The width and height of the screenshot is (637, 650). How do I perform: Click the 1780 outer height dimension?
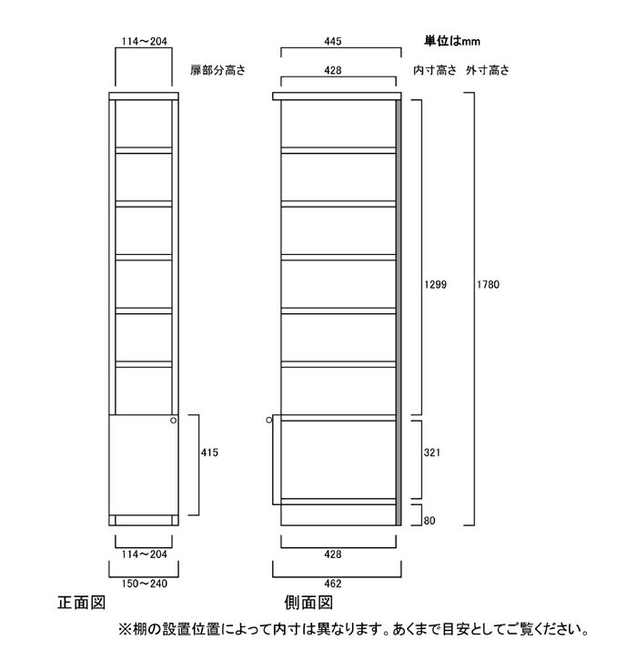pyautogui.click(x=488, y=284)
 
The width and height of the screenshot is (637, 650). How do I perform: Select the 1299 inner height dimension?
pyautogui.click(x=435, y=284)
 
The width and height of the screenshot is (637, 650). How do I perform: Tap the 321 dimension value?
pyautogui.click(x=432, y=452)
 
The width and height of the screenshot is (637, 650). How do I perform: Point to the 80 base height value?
pyautogui.click(x=430, y=520)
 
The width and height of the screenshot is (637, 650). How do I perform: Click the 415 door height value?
pyautogui.click(x=209, y=452)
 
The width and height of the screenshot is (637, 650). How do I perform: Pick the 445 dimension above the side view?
pyautogui.click(x=333, y=41)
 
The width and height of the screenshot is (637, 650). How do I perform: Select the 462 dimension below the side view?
pyautogui.click(x=333, y=584)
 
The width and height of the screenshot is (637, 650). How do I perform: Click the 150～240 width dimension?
pyautogui.click(x=144, y=584)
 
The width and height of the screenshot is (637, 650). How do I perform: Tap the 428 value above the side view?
pyautogui.click(x=333, y=70)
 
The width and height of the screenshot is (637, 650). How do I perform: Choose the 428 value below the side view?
pyautogui.click(x=333, y=554)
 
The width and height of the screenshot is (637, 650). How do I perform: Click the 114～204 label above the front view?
pyautogui.click(x=144, y=41)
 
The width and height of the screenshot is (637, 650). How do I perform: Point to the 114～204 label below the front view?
pyautogui.click(x=144, y=554)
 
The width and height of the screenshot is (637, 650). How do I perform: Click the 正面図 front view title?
pyautogui.click(x=82, y=603)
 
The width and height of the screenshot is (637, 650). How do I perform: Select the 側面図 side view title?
pyautogui.click(x=308, y=603)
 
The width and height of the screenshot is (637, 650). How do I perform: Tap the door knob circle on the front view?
pyautogui.click(x=173, y=421)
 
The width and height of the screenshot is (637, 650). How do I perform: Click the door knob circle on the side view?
pyautogui.click(x=269, y=421)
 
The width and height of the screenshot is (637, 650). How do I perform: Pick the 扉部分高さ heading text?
pyautogui.click(x=218, y=70)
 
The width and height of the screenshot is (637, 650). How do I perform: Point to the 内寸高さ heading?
pyautogui.click(x=435, y=70)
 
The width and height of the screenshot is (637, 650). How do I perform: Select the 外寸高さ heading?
pyautogui.click(x=488, y=70)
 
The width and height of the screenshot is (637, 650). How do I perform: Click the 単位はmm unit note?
pyautogui.click(x=452, y=41)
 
